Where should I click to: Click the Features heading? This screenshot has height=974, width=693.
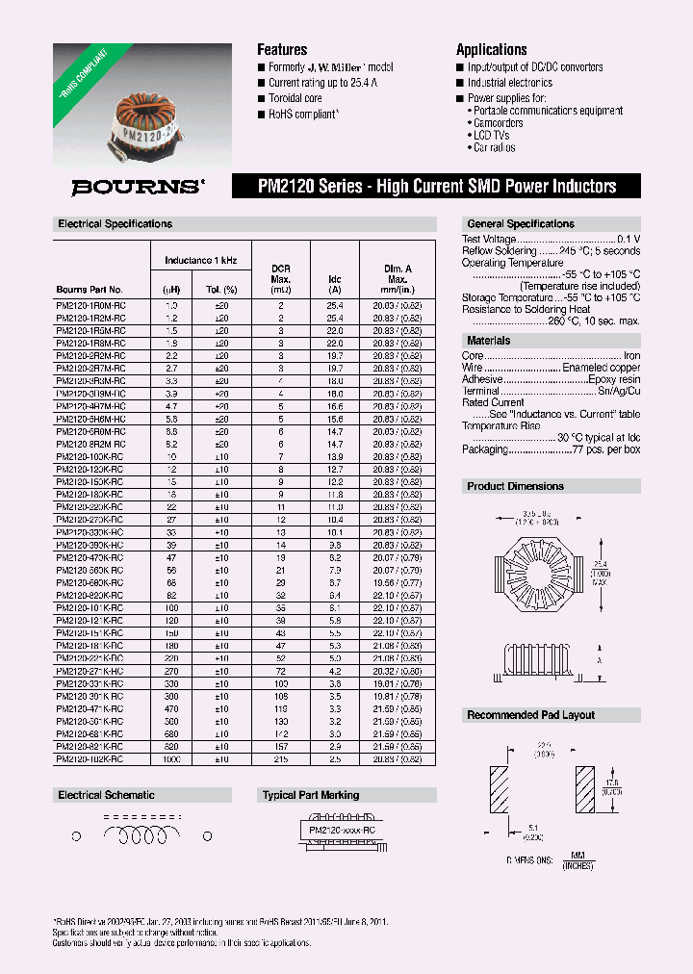(x=282, y=50)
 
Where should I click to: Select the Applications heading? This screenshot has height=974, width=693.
(x=491, y=50)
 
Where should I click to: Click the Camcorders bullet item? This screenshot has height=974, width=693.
(x=498, y=123)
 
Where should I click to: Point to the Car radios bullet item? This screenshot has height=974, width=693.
(x=494, y=148)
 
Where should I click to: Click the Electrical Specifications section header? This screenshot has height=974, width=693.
(x=115, y=224)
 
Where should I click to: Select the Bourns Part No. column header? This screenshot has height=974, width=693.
(x=90, y=289)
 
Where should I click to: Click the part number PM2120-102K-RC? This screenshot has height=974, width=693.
(x=90, y=759)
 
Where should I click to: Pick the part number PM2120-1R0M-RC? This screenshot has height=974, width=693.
(x=90, y=304)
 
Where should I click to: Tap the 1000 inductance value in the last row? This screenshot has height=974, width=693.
(x=172, y=759)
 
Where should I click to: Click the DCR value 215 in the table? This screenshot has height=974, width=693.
(x=281, y=759)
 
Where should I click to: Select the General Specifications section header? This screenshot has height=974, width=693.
(x=520, y=224)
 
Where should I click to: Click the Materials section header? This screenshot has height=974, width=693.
(x=489, y=341)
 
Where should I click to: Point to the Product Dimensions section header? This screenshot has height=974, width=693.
(x=516, y=486)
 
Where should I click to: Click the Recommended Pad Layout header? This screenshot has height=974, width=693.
(x=531, y=715)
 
